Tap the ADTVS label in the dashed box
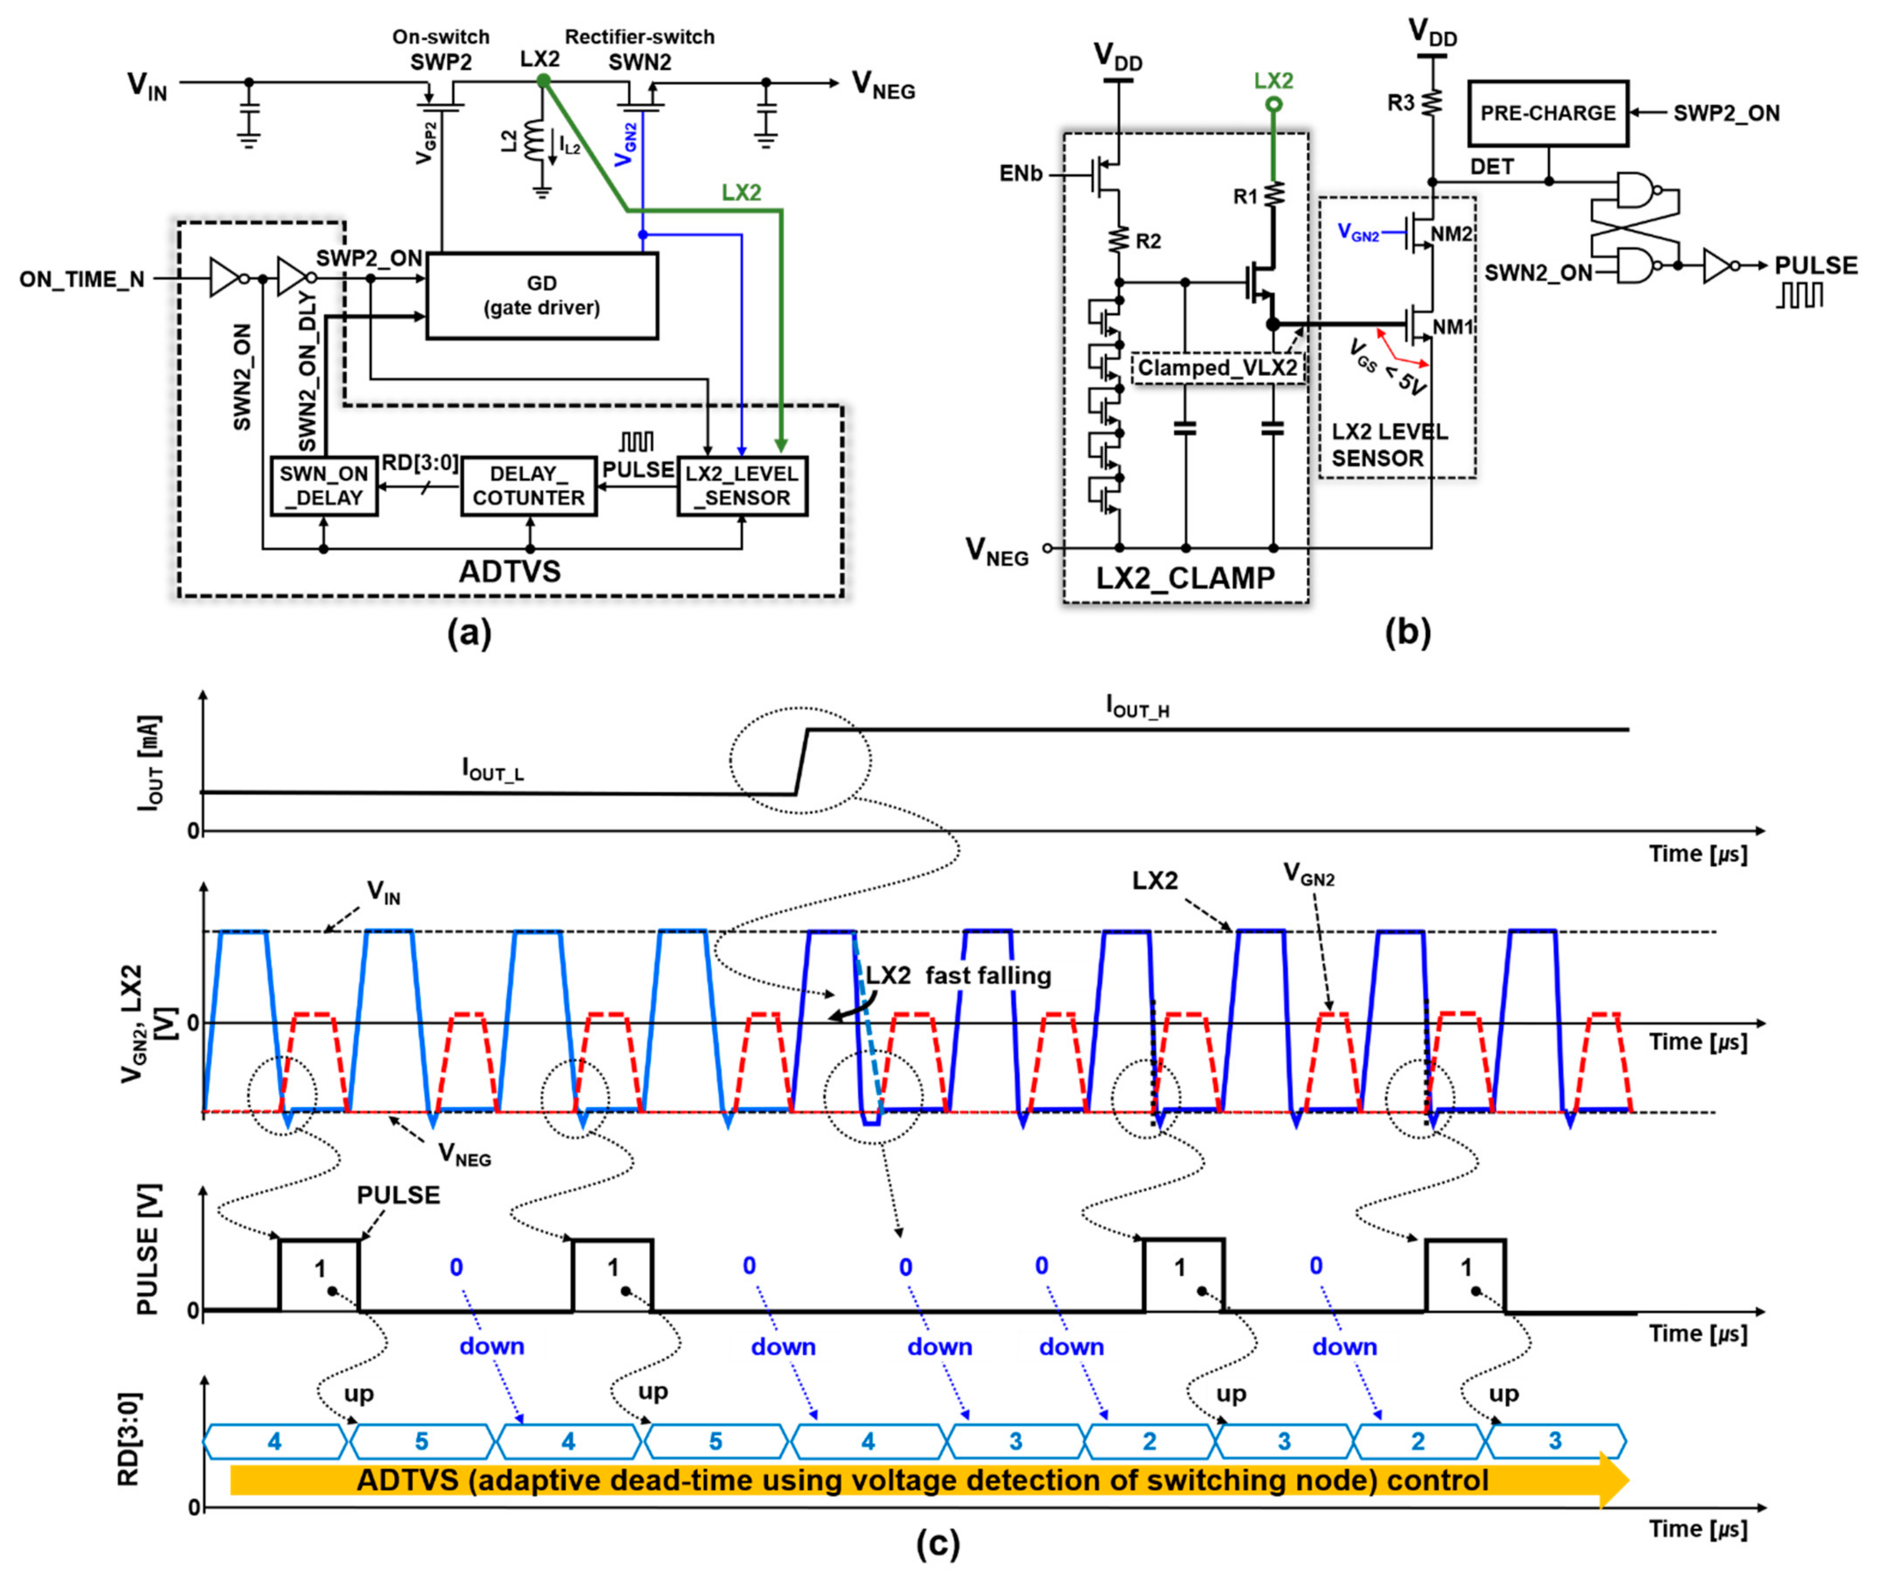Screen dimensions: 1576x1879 pos(509,570)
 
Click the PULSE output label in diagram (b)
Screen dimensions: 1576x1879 pos(1815,265)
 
